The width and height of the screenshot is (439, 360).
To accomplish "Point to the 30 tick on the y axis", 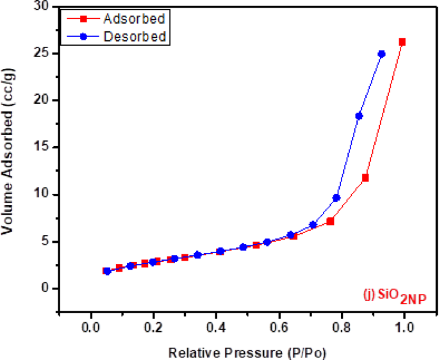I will [x=42, y=6].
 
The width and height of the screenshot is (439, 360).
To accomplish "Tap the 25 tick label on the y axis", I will [x=42, y=53].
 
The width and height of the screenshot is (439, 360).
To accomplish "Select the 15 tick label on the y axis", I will [x=42, y=147].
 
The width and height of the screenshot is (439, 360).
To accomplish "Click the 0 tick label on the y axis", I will [x=45, y=288].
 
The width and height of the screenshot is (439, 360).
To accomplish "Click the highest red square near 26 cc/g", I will [x=402, y=42].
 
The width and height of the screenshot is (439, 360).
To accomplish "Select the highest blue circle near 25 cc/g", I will [x=381, y=54].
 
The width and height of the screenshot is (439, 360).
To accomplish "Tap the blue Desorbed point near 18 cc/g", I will [x=359, y=116].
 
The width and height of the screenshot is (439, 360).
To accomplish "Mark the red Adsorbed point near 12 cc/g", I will [x=365, y=177].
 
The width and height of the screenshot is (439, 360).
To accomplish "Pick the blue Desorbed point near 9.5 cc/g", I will [x=336, y=198].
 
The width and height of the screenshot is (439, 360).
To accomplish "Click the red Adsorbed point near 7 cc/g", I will [x=331, y=221].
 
